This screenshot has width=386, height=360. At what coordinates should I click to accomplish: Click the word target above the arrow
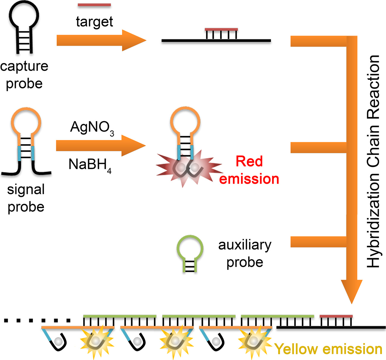coord(94,22)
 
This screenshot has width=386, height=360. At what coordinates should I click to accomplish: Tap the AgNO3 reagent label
coord(92,128)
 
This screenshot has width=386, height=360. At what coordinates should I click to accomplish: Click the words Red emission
coord(249,170)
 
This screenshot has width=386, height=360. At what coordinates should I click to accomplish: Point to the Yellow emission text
coord(328,349)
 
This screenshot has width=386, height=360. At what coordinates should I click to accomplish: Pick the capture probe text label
coord(24,75)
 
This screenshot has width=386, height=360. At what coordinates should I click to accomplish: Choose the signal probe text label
coord(26,198)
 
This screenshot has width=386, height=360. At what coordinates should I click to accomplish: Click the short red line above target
coord(94,5)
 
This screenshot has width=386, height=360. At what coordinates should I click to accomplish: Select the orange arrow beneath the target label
coord(101,40)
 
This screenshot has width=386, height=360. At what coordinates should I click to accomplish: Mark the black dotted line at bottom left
coord(37,320)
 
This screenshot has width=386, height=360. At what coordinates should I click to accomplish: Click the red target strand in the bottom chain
coord(336,316)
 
